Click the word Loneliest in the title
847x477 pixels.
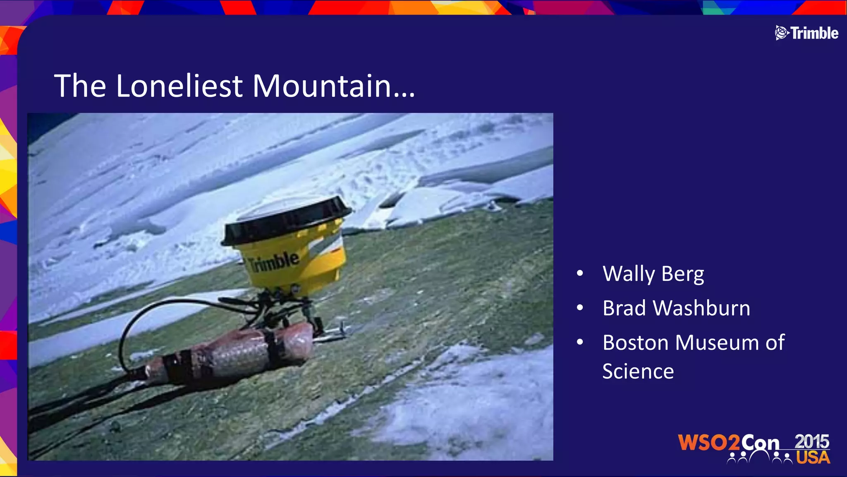(179, 86)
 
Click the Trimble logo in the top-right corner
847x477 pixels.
(806, 33)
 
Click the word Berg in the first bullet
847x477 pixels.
(682, 274)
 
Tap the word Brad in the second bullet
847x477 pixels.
(624, 308)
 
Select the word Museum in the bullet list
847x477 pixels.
(717, 342)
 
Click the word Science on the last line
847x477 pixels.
(638, 371)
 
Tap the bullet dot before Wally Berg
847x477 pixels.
(580, 273)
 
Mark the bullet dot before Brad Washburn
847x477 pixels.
(580, 308)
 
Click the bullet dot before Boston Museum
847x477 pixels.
(580, 342)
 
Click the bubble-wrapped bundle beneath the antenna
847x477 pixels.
(232, 352)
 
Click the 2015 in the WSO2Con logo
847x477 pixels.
(811, 442)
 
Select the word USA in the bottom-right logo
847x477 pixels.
(813, 458)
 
